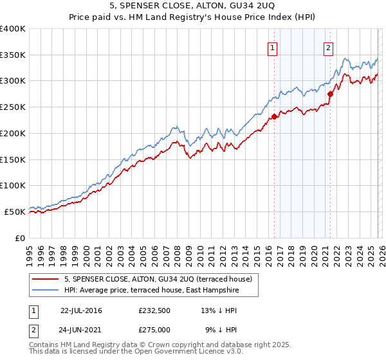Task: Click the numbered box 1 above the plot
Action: pos(272,48)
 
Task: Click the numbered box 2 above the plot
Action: pos(328,48)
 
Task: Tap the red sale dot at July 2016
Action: pos(274,116)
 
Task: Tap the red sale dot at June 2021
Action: pos(330,94)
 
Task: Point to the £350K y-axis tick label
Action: pos(13,55)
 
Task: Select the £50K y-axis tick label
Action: pos(15,212)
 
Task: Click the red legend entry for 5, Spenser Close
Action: pos(161,279)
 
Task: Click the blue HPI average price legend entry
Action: pos(151,291)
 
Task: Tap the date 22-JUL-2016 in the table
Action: pos(80,310)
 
